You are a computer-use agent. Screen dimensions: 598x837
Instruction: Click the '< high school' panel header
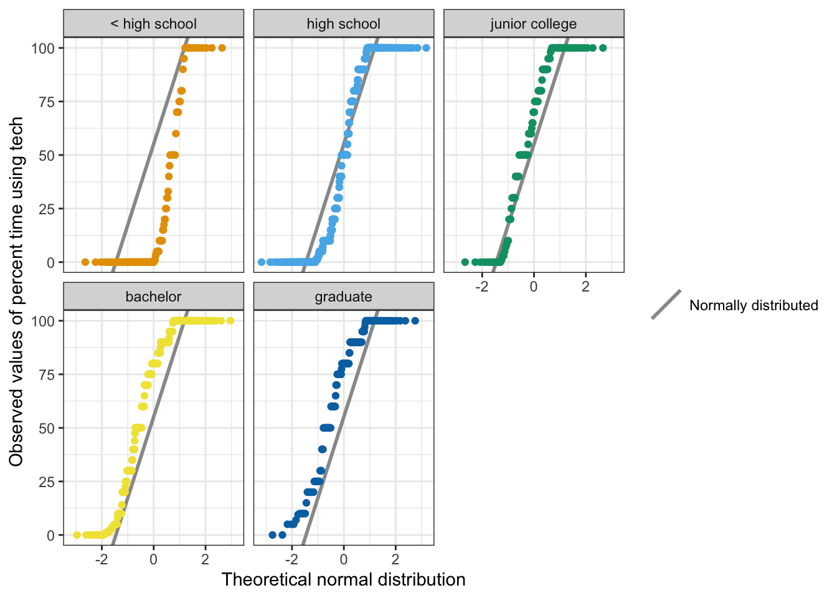click(153, 24)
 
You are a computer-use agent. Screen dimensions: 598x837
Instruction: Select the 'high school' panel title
click(343, 24)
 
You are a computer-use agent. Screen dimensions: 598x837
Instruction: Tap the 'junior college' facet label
click(533, 24)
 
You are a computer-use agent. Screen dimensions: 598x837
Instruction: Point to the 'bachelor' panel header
click(153, 297)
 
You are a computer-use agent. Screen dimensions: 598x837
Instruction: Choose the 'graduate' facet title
click(343, 297)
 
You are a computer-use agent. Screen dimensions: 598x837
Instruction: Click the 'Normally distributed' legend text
click(754, 305)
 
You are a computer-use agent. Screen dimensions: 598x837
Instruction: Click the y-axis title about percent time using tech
click(17, 291)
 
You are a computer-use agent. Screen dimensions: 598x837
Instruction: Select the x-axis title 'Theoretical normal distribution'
click(343, 580)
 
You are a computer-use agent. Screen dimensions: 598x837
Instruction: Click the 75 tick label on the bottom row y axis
click(47, 374)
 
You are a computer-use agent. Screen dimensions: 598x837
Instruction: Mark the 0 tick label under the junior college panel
click(534, 287)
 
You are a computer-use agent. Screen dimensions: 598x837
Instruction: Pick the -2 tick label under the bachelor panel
click(102, 559)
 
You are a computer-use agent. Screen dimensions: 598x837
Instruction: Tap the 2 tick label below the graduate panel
click(395, 559)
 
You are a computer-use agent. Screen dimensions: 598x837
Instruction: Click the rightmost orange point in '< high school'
click(222, 48)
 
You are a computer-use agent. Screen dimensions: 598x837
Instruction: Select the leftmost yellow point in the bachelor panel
click(77, 535)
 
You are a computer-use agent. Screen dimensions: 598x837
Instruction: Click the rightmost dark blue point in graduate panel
click(415, 321)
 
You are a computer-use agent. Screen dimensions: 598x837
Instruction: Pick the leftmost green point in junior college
click(465, 262)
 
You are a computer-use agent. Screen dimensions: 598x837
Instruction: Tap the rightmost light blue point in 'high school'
click(426, 48)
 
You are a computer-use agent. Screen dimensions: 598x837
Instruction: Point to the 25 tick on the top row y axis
click(47, 209)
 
